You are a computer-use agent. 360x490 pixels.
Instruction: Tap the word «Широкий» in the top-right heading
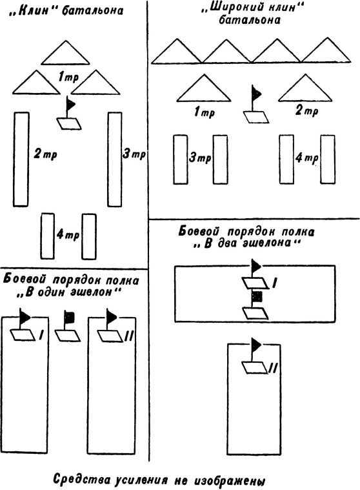pos(226,8)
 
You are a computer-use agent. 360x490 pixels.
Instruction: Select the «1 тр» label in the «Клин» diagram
pos(68,77)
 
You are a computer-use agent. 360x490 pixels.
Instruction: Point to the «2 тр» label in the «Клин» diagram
pos(45,154)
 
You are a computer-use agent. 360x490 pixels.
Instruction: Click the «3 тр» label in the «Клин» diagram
pos(134,154)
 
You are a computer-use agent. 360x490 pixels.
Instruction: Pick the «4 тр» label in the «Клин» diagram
pos(68,234)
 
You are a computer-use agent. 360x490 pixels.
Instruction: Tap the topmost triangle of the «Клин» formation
pos(65,53)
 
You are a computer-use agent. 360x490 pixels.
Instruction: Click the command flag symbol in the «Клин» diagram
pos(69,112)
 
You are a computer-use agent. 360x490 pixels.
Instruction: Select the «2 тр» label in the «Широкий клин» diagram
pos(306,110)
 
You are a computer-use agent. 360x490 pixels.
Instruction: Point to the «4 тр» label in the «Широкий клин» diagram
pos(306,158)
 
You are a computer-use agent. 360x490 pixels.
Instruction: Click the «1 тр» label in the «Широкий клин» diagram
pos(205,112)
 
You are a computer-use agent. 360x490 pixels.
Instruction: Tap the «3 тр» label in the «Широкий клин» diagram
pos(200,158)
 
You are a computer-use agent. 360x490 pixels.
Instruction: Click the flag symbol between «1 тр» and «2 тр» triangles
pos(256,104)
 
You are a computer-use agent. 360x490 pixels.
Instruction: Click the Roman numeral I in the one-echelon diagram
pos(41,335)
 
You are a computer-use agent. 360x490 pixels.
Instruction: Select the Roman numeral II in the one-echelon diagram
pos(128,336)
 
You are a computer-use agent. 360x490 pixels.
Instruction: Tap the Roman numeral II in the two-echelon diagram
pos(272,369)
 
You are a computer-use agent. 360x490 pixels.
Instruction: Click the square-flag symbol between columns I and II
pos(68,326)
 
